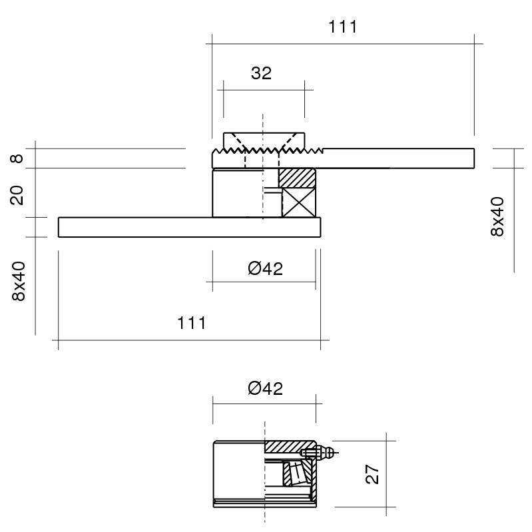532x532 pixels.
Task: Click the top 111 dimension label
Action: [x=343, y=27]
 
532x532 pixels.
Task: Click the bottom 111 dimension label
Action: [x=191, y=323]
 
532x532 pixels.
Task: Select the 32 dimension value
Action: [x=261, y=73]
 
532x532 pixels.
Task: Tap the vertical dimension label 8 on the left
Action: [x=17, y=158]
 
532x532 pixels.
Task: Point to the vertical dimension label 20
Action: [x=17, y=195]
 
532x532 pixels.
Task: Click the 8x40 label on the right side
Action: [x=497, y=216]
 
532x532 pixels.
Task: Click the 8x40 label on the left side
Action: [x=19, y=281]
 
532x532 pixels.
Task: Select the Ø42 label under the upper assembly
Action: [x=265, y=269]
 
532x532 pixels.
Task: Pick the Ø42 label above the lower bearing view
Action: [x=265, y=388]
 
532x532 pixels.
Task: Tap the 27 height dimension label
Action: [x=372, y=474]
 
